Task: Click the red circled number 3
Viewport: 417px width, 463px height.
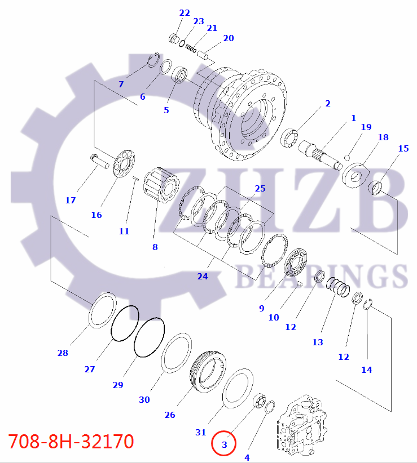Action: (x=224, y=444)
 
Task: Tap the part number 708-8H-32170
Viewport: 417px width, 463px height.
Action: (x=71, y=441)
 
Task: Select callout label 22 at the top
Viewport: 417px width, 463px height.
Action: (x=185, y=12)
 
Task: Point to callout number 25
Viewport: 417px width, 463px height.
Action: (x=260, y=188)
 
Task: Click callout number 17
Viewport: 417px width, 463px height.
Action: (x=70, y=200)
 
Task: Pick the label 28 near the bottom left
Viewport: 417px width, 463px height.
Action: (x=62, y=353)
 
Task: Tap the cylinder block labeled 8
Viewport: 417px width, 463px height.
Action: (x=162, y=190)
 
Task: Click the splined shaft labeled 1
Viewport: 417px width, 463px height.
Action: (x=324, y=153)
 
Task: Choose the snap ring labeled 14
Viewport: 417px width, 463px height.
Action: (x=367, y=305)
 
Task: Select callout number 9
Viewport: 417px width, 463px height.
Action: (x=261, y=308)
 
